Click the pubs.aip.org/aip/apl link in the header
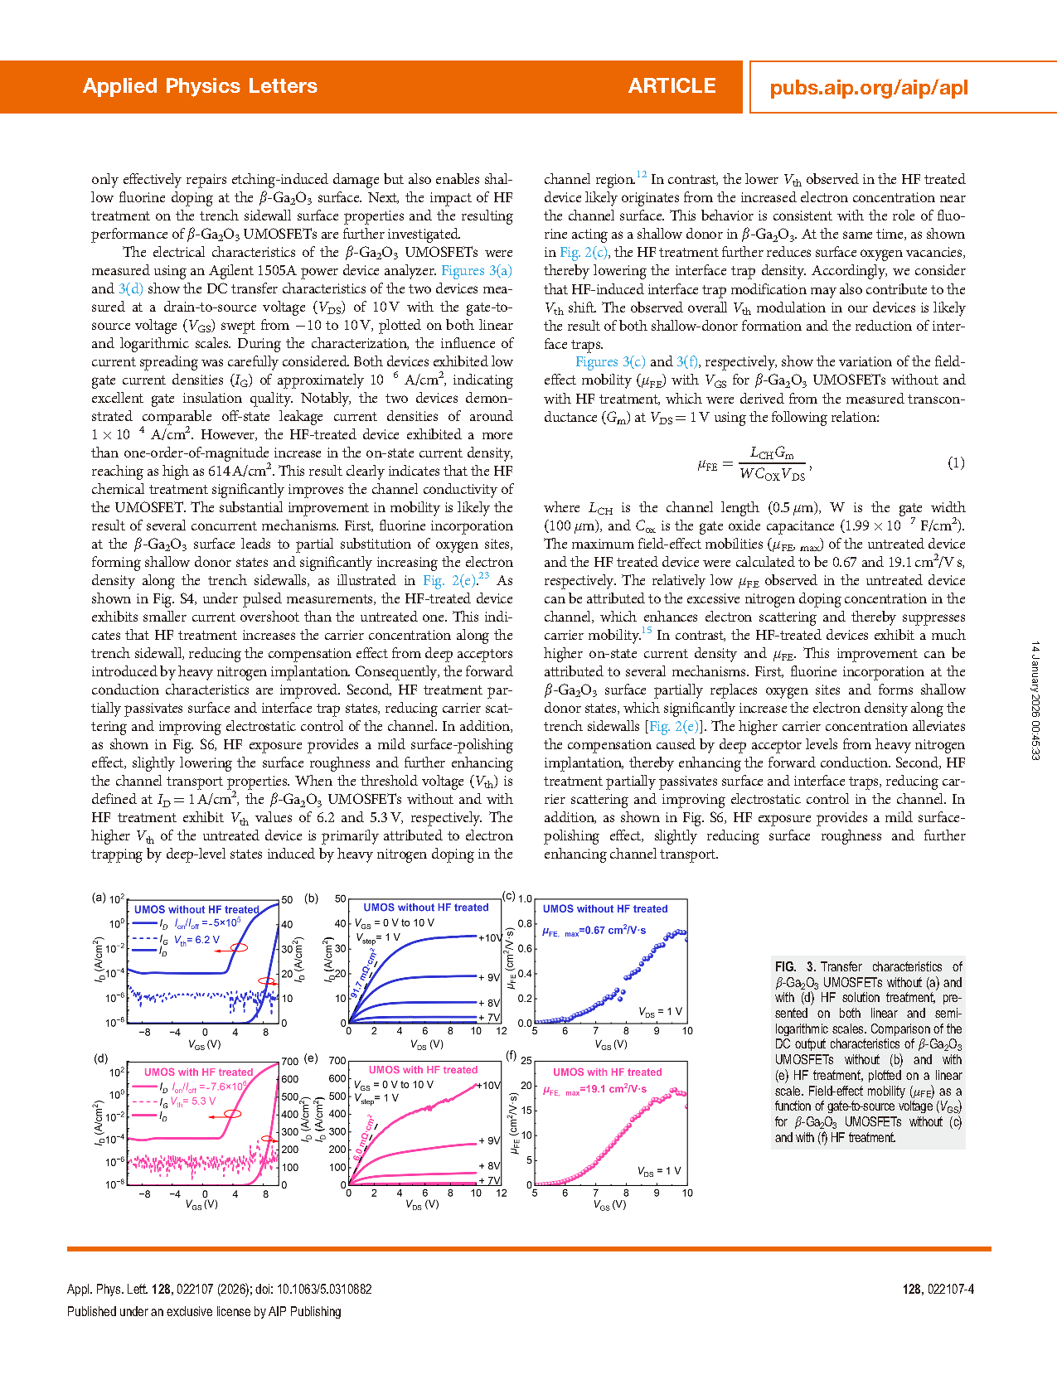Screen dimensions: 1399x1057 [x=868, y=88]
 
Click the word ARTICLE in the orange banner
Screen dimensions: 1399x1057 [x=672, y=86]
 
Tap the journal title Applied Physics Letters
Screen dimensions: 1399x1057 [x=200, y=86]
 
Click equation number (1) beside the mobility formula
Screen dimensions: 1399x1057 [x=956, y=462]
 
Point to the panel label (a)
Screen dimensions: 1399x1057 [x=99, y=897]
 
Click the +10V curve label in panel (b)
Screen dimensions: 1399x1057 [x=490, y=937]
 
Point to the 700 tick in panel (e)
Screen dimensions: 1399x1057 [x=337, y=1060]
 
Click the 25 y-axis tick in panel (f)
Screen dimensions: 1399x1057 [x=526, y=1061]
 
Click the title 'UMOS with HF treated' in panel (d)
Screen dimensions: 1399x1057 [x=198, y=1072]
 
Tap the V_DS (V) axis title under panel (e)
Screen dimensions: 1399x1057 [x=422, y=1204]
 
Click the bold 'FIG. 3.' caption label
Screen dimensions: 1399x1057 [x=795, y=966]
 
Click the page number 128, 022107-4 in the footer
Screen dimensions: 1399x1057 [x=938, y=1289]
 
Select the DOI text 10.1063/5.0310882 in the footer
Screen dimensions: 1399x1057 [x=324, y=1289]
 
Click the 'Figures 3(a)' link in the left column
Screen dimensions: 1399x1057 [x=477, y=270]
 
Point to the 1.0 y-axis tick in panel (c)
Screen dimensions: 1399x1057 [x=525, y=899]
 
